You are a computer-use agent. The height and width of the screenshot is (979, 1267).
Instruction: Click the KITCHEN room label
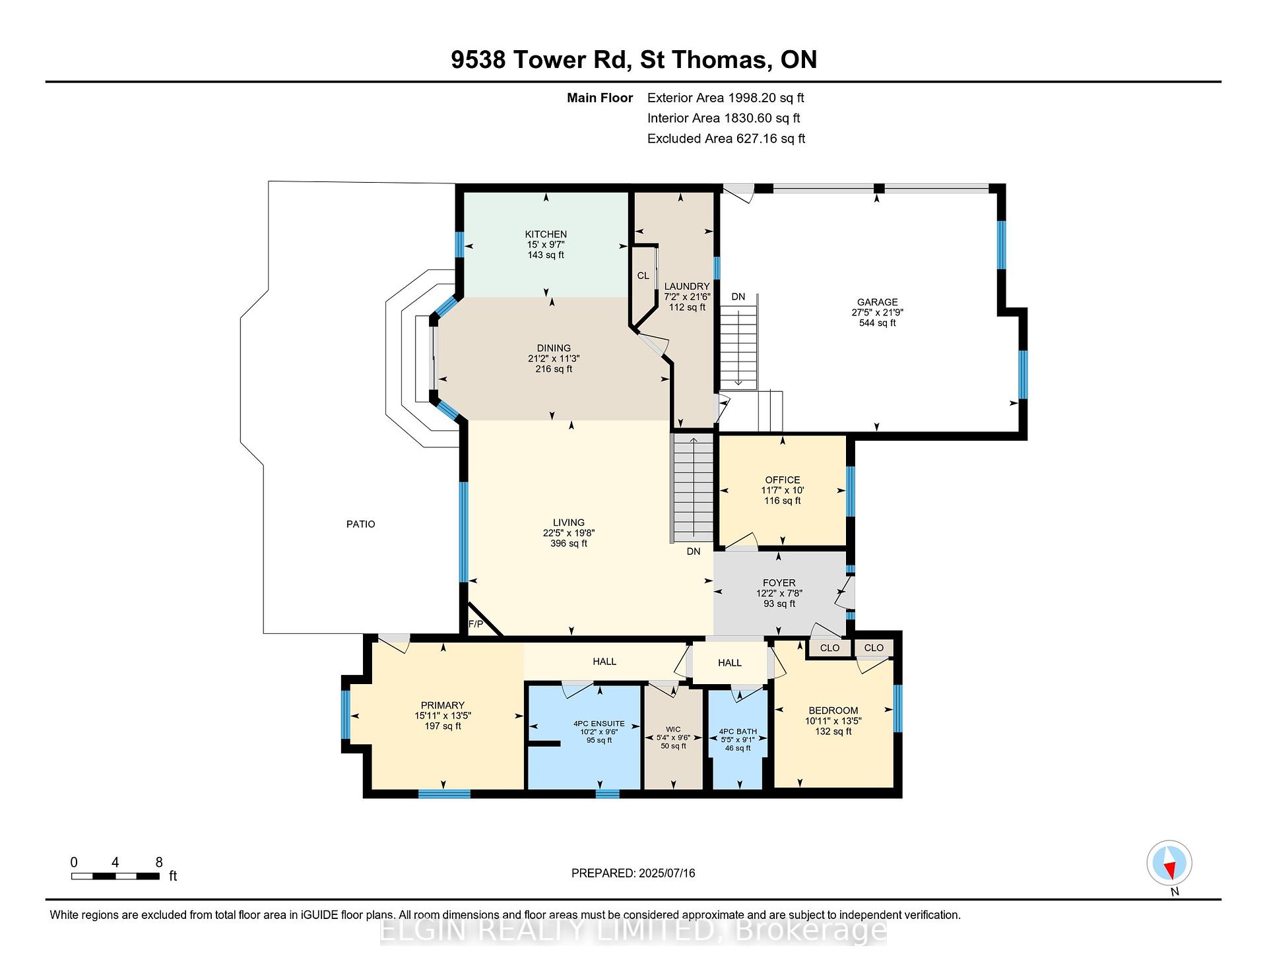546,234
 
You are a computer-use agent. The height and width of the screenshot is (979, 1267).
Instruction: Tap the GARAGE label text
877,302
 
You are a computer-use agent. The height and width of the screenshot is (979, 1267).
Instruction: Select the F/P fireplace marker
475,624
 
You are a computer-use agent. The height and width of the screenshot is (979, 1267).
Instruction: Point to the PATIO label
361,524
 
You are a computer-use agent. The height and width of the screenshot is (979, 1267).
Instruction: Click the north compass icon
1169,863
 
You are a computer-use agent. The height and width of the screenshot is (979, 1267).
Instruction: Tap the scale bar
115,876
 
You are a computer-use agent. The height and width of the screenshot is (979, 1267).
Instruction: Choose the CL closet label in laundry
643,276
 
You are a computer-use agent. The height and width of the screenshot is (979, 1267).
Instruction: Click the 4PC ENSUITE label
599,724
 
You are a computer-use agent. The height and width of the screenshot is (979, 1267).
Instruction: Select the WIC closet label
673,730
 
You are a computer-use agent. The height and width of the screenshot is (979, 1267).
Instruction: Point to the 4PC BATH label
738,732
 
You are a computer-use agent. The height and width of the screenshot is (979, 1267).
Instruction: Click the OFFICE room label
783,480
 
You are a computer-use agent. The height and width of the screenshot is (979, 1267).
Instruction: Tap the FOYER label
779,583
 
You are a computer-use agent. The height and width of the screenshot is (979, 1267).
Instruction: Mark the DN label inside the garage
738,297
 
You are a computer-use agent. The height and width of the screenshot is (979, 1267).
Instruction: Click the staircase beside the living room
692,488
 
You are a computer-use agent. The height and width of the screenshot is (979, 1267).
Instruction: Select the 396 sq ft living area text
569,544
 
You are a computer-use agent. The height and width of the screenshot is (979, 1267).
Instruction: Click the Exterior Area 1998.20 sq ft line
726,98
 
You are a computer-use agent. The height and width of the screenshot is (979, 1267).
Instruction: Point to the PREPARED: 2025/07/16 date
633,873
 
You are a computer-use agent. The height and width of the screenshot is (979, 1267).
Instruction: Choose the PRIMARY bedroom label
443,705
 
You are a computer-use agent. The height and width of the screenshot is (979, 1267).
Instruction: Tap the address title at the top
634,59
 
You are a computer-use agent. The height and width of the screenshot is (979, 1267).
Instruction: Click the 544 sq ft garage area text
878,323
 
